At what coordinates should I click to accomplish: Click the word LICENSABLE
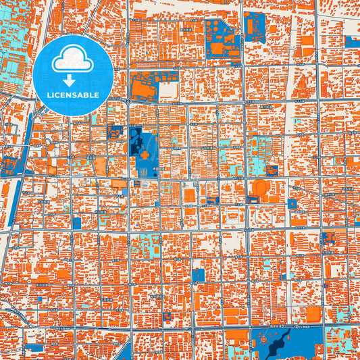(73, 95)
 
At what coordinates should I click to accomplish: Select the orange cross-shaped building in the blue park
(144, 155)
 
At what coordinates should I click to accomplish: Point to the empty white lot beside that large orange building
(169, 91)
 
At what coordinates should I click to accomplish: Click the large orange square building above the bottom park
(313, 313)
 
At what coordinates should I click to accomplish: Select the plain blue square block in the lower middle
(198, 275)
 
